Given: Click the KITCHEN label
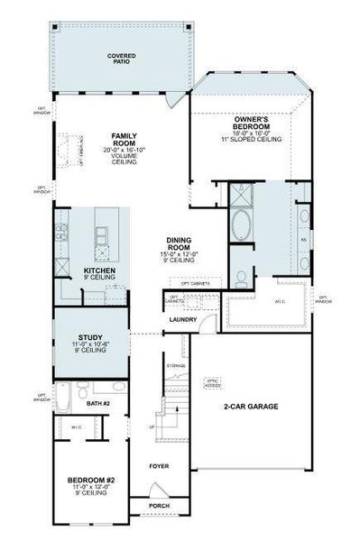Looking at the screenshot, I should click(x=98, y=270).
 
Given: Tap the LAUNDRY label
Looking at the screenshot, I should click(x=182, y=320).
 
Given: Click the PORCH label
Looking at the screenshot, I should click(x=159, y=506).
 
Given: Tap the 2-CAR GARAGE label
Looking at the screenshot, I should click(x=250, y=407).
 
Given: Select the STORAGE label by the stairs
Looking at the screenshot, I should click(x=177, y=365).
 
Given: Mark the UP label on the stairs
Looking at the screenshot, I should click(x=152, y=426).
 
